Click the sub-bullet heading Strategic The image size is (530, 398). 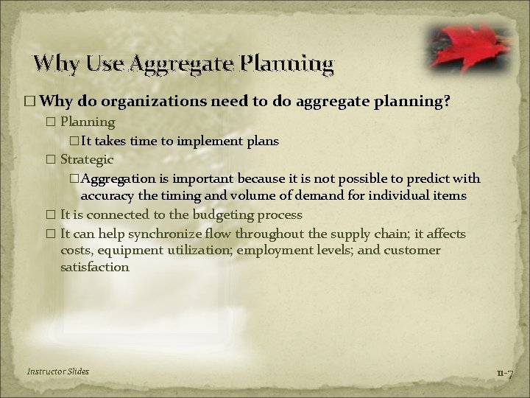[86, 159]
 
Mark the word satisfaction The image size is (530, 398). [95, 268]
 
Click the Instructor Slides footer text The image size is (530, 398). [57, 371]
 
